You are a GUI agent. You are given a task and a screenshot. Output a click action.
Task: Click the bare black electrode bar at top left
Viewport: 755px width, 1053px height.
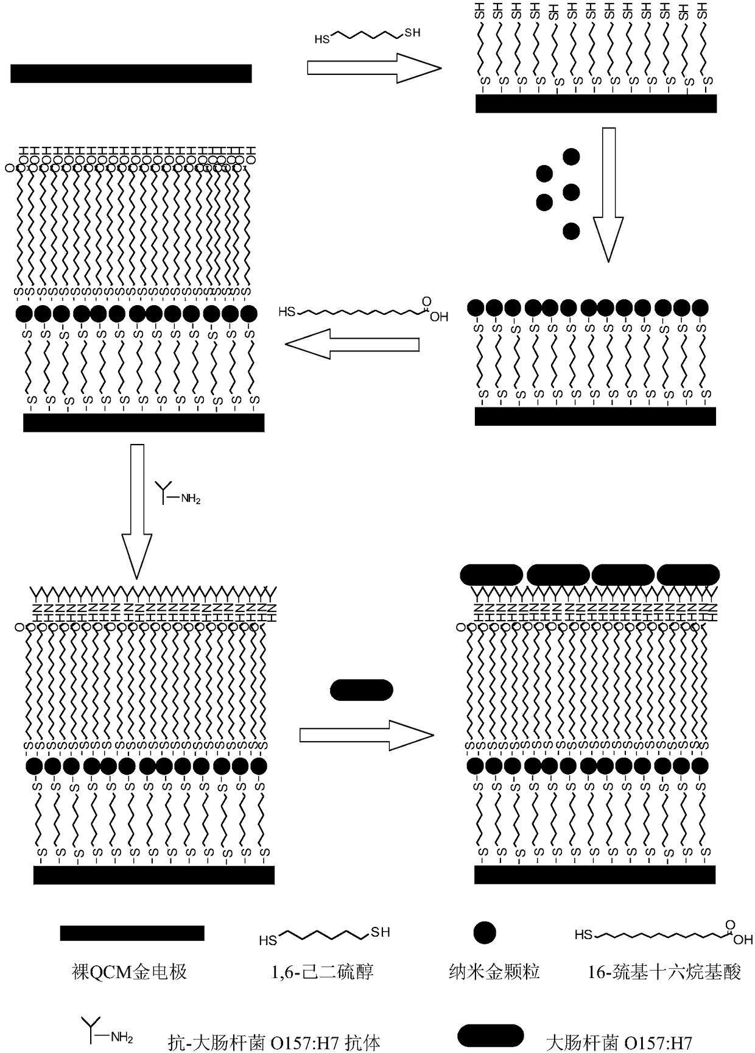tap(131, 74)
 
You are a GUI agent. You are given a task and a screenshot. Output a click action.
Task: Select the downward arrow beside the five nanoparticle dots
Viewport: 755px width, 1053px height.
tap(608, 195)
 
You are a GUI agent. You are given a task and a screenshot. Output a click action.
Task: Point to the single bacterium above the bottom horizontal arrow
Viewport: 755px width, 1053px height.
tap(361, 690)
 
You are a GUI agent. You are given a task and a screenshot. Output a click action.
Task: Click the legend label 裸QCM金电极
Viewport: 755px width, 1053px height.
tap(129, 971)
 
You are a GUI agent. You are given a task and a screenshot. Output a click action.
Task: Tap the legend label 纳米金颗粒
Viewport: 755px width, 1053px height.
tap(494, 971)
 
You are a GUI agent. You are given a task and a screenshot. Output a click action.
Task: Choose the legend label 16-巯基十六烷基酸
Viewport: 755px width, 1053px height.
tap(664, 971)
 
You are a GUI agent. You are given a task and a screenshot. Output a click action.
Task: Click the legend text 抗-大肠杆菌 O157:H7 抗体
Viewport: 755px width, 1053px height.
tap(274, 1043)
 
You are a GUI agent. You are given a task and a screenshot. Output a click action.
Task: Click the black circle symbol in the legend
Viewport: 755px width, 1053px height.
tap(485, 932)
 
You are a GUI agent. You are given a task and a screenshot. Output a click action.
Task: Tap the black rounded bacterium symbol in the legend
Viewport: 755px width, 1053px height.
tap(490, 1036)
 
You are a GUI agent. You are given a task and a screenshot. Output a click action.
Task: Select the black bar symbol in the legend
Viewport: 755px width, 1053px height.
tap(132, 933)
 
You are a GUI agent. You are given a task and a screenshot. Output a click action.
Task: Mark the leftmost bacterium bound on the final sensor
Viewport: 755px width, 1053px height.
tap(491, 574)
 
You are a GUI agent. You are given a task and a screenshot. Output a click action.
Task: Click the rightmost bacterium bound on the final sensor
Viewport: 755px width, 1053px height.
tap(688, 574)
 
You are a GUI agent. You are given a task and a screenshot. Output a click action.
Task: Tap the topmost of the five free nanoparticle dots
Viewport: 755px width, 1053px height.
tap(571, 157)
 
